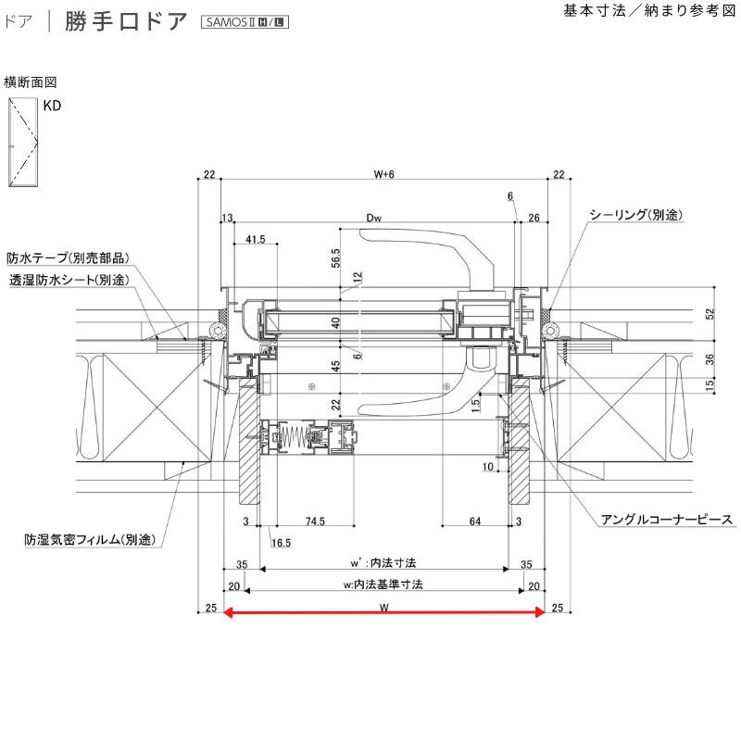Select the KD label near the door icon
pos(52,107)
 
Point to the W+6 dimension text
pos(383,174)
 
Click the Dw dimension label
pos(374,218)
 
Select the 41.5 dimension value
pos(257,239)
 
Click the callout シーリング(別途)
pos(635,215)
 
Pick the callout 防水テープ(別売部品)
pos(66,257)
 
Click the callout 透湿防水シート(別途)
pos(69,279)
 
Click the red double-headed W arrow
pos(383,611)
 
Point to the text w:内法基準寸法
pos(383,584)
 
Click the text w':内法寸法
pos(383,562)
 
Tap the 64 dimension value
pos(475,522)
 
